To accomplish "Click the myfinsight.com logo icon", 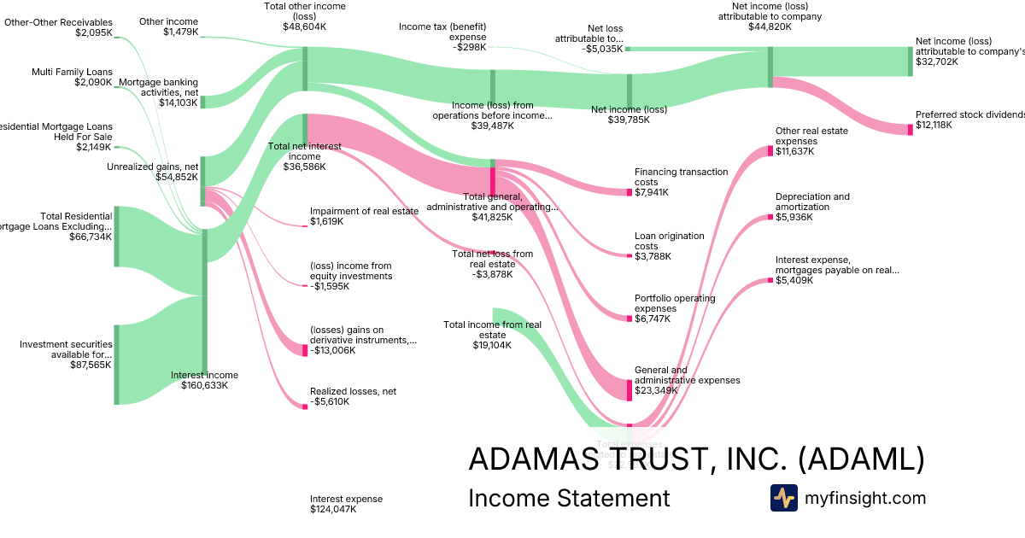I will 783,498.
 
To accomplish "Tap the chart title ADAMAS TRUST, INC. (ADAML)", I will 696,459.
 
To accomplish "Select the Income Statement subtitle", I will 569,498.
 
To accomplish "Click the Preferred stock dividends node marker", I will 910,129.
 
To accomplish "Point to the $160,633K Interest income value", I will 204,385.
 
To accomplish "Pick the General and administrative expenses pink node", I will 630,390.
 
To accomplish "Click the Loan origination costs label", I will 669,241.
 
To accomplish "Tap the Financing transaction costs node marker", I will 630,192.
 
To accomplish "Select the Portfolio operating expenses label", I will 675,303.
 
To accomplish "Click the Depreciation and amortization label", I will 812,202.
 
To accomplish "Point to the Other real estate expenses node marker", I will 771,151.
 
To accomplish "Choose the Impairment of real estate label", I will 364,211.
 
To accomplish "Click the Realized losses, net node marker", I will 305,406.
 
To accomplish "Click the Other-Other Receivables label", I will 58,22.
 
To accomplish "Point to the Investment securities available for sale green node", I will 117,365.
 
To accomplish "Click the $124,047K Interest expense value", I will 333,509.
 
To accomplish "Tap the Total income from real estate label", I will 492,325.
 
